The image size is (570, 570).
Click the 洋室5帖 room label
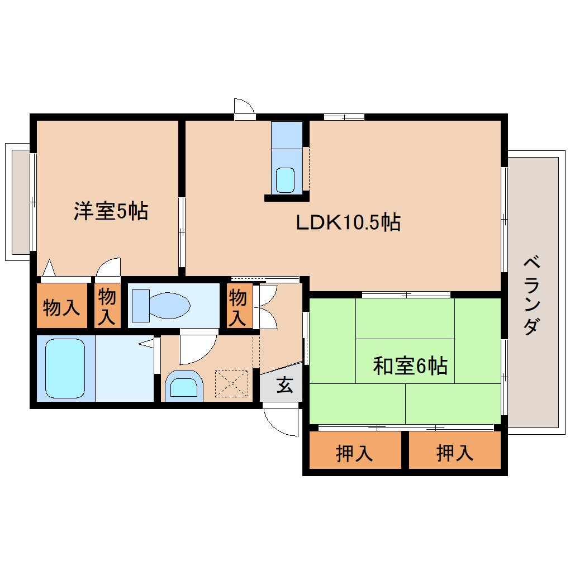(x=111, y=211)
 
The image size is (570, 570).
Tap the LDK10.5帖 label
(x=348, y=222)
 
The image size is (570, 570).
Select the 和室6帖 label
(x=410, y=365)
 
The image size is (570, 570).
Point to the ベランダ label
(x=532, y=295)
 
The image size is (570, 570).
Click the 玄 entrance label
(x=284, y=385)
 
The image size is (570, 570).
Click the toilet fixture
(x=161, y=306)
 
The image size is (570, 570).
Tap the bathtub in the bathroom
(x=65, y=368)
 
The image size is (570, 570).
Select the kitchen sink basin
(x=285, y=180)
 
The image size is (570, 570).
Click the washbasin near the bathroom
(x=184, y=386)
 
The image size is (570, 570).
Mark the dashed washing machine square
(x=231, y=383)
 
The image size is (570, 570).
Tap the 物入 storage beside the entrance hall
(x=238, y=306)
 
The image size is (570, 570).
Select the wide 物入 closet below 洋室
(x=62, y=305)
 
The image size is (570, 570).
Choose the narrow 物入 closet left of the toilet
(x=107, y=305)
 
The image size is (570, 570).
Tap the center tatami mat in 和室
(x=405, y=361)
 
